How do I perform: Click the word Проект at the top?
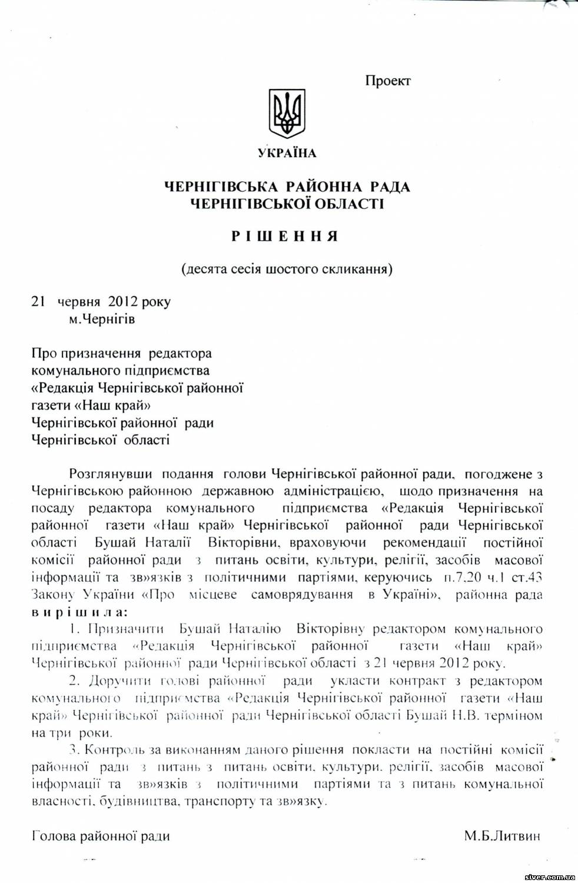pos(387,81)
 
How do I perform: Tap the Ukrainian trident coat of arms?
pos(287,114)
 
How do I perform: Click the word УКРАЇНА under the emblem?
pos(287,154)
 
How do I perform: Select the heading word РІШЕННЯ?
pos(285,237)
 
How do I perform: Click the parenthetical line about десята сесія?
pos(287,270)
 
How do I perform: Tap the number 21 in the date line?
pos(38,302)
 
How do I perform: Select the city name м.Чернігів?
pos(101,320)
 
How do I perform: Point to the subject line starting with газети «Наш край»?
pos(87,406)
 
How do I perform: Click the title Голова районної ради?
pos(101,836)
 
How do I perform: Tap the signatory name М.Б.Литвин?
pos(501,836)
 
